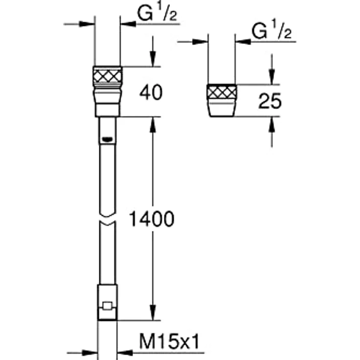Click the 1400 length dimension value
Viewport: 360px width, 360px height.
click(152, 219)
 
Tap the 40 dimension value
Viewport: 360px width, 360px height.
click(151, 92)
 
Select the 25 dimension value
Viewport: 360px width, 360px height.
click(270, 101)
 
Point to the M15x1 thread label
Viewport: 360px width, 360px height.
click(170, 341)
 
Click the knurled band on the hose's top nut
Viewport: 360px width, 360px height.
click(108, 76)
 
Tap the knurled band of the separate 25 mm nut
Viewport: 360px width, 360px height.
click(222, 93)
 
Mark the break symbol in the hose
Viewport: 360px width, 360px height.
click(108, 218)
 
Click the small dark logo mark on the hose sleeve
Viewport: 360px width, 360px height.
click(107, 139)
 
